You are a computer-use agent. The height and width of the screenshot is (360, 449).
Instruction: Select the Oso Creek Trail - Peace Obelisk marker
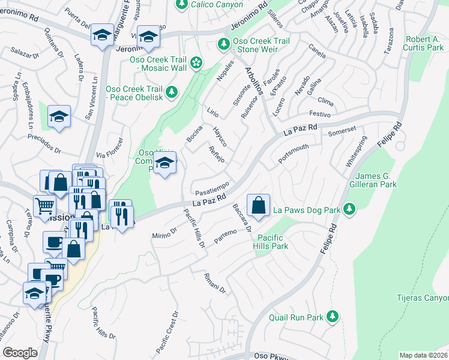tap(172, 91)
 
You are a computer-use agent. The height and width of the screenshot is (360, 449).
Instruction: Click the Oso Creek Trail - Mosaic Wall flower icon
tap(196, 62)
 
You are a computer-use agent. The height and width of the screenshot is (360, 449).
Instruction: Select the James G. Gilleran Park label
tap(382, 180)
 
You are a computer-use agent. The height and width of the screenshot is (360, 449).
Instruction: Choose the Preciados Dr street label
tap(44, 143)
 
